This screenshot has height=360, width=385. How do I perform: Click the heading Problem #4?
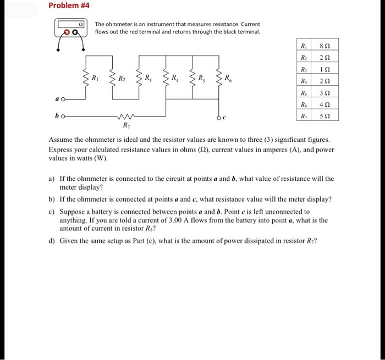click(69, 6)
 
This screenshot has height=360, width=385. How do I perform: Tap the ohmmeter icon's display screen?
click(70, 25)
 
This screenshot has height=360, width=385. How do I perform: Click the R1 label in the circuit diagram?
click(96, 77)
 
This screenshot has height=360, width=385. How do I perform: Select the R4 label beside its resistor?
click(174, 77)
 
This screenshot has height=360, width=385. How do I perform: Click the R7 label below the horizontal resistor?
click(127, 126)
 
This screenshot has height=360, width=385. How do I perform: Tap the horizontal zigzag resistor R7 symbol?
click(127, 117)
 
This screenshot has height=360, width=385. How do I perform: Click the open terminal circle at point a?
click(64, 100)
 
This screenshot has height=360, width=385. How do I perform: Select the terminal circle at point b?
click(64, 117)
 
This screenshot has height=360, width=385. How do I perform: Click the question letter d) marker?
click(52, 241)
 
